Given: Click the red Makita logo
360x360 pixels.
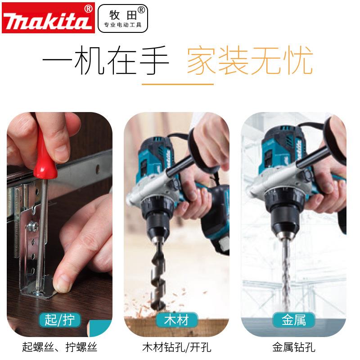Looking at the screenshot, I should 48,18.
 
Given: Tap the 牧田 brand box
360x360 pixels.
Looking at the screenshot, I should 122,18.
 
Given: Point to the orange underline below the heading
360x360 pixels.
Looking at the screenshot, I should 177,84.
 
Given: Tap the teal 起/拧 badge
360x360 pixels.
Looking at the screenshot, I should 59,320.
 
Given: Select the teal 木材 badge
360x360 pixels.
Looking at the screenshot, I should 177,320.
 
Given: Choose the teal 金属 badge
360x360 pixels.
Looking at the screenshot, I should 293,320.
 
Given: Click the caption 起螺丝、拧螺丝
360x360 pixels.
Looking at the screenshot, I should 59,347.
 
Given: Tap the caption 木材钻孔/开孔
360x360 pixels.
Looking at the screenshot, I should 176,347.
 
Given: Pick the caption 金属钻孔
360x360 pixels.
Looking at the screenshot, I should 293,347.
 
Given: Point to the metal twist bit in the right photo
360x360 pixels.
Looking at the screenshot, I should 286,274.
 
